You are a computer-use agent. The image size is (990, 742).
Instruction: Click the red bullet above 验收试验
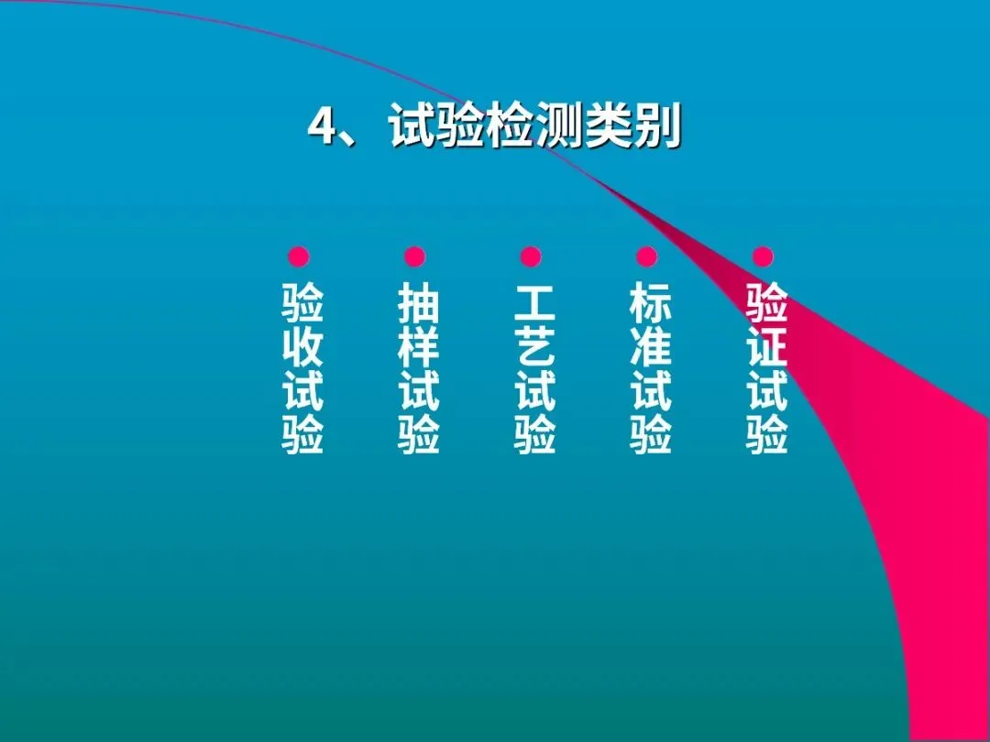299,256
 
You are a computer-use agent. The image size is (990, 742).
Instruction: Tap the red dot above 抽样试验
415,256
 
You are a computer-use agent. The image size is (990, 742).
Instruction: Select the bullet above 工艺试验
531,256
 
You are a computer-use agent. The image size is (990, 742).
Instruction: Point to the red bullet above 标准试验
647,256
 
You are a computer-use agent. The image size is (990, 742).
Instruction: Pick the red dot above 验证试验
763,256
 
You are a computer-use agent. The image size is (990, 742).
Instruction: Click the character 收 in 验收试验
302,347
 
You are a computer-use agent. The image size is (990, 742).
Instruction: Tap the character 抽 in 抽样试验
419,302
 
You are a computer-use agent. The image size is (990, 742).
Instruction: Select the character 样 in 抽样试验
419,347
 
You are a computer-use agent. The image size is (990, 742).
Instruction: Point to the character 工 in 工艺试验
535,302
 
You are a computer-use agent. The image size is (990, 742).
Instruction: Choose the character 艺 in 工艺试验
535,347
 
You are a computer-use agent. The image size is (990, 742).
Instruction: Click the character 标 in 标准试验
651,302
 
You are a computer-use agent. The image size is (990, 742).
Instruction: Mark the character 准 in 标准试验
651,347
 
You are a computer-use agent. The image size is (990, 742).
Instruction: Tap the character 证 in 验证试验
767,347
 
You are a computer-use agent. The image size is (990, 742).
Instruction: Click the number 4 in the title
321,128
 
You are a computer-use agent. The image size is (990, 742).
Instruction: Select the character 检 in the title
510,128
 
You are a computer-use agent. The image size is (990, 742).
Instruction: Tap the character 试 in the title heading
411,128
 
